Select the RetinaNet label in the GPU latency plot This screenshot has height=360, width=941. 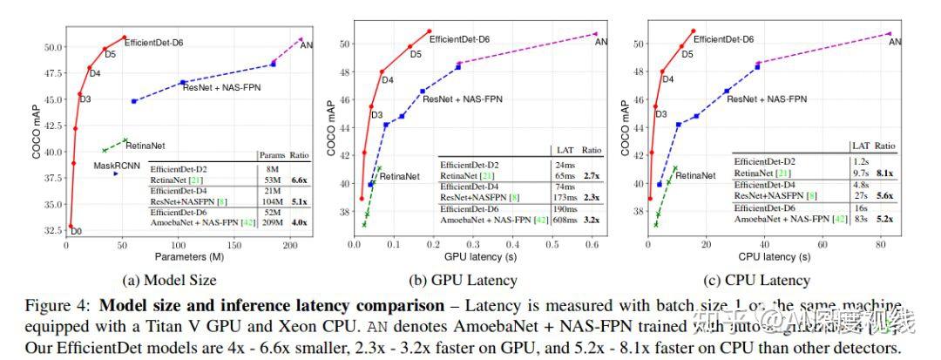[x=400, y=176]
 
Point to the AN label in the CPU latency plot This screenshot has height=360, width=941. [x=895, y=41]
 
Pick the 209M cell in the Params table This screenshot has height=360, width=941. [x=271, y=224]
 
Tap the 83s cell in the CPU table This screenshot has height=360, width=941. [x=859, y=217]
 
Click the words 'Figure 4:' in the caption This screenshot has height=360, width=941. [x=66, y=307]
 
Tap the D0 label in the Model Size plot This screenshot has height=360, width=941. [x=76, y=231]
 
